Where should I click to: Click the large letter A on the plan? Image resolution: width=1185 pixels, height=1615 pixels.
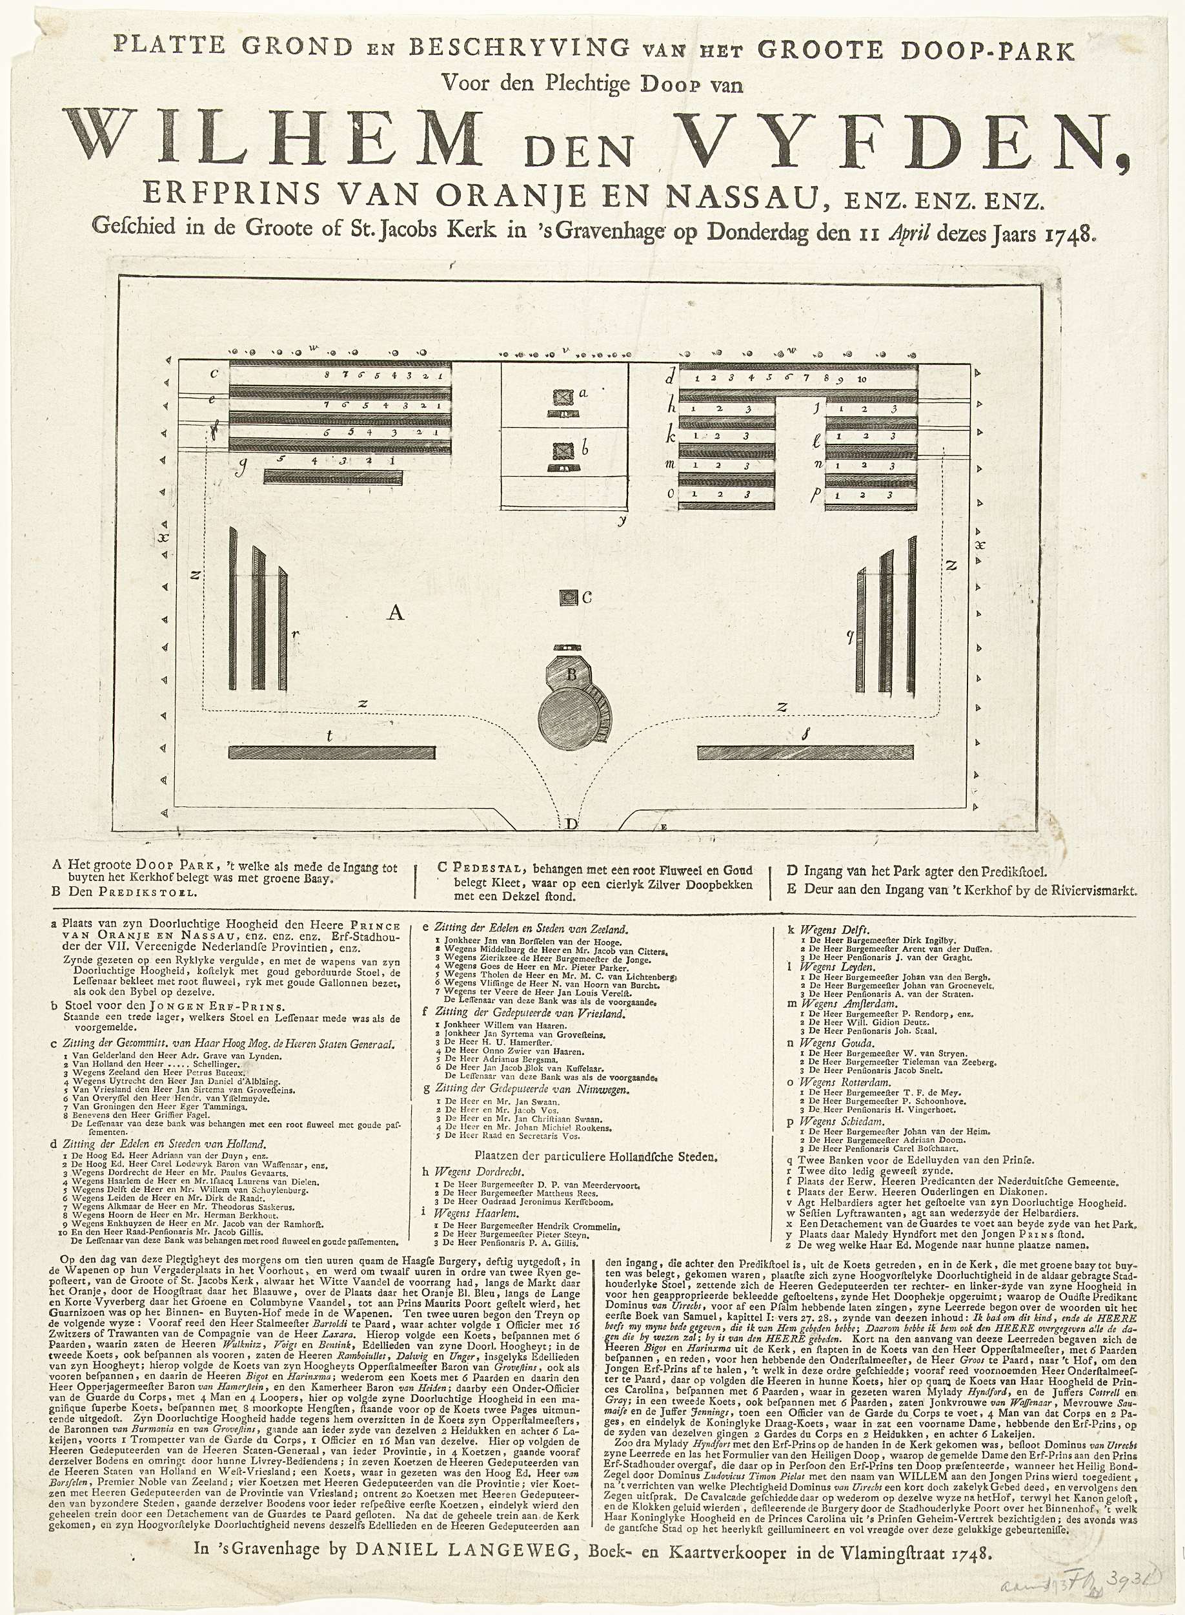(395, 612)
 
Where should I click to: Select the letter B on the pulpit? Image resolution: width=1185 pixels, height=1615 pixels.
(572, 674)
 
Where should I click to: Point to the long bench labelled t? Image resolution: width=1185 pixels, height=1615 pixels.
(332, 752)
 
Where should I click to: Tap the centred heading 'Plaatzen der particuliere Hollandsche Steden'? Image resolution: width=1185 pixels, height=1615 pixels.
(594, 1156)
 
